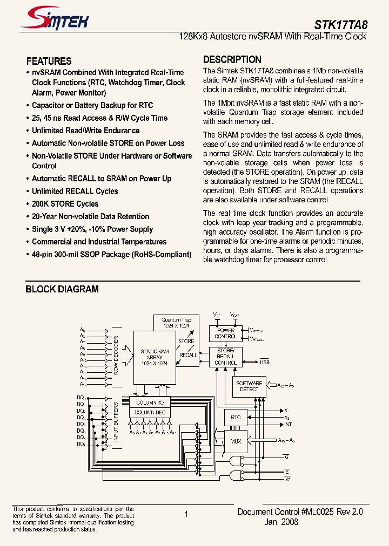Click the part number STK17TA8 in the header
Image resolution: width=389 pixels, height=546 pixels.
(x=340, y=24)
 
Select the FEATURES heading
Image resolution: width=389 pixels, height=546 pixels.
(x=49, y=61)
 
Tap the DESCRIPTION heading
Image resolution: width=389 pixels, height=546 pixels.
(x=232, y=60)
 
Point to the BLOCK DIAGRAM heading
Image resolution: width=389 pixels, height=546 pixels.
(x=62, y=289)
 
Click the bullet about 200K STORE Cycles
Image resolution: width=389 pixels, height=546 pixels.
(x=65, y=204)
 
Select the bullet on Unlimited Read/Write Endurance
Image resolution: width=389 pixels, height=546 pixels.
(x=85, y=131)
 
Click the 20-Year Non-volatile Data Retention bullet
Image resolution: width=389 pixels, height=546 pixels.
(x=90, y=216)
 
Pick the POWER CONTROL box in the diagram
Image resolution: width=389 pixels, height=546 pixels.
(x=225, y=333)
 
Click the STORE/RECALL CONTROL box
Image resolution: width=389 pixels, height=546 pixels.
(x=225, y=357)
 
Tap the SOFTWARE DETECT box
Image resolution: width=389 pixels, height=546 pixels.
(x=249, y=386)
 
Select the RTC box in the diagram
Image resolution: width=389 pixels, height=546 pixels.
(x=236, y=417)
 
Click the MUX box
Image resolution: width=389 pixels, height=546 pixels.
(x=236, y=441)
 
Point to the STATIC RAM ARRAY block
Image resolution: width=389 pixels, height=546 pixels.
(x=155, y=357)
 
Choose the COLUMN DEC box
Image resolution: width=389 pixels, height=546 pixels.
(x=150, y=412)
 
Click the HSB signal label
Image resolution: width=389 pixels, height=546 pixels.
(x=264, y=363)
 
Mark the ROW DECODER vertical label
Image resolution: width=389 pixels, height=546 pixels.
(x=116, y=357)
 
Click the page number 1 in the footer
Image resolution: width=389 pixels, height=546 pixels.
(x=186, y=514)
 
